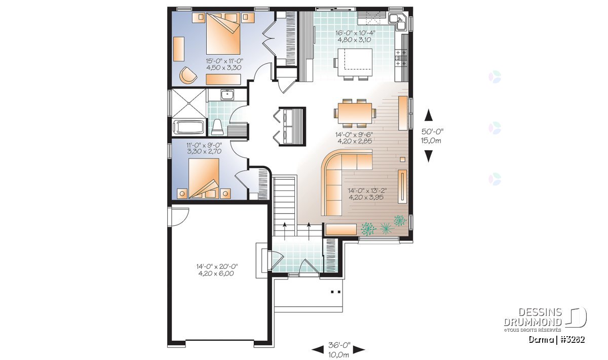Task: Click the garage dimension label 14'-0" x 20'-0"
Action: tap(217, 266)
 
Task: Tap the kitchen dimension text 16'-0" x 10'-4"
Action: tap(355, 33)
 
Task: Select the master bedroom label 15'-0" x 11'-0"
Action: tap(224, 61)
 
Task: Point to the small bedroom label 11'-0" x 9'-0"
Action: tap(204, 145)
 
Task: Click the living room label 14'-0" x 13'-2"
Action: tap(367, 190)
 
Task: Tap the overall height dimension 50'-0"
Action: tap(432, 132)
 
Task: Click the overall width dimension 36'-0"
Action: tap(339, 345)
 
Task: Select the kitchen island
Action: tap(355, 63)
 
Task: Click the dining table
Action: tap(355, 113)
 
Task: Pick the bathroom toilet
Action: tap(217, 127)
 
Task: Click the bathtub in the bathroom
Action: tap(188, 127)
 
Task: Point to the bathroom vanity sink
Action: tap(227, 95)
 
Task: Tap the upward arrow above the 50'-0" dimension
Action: tap(428, 115)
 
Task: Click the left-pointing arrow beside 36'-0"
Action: tap(318, 350)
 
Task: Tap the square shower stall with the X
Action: tap(188, 103)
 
